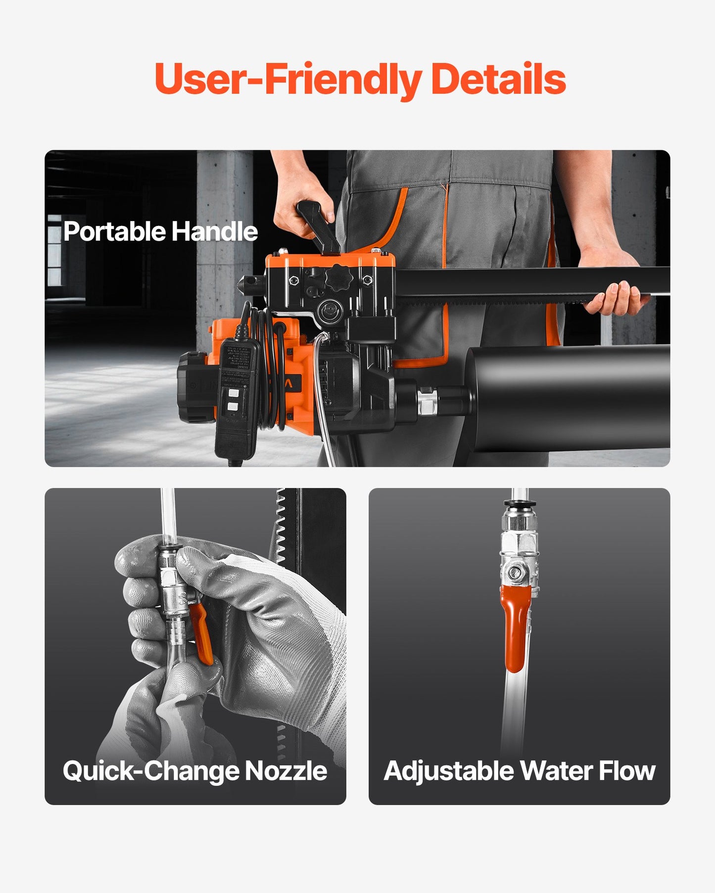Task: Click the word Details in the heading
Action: [498, 79]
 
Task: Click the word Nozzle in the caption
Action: [286, 771]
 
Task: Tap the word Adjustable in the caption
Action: [449, 771]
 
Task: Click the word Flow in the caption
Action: [627, 771]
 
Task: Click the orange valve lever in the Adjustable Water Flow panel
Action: [515, 628]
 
